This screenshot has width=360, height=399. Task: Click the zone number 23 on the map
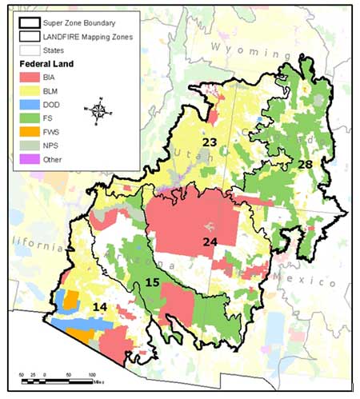pos(210,142)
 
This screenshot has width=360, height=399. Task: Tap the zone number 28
pos(305,164)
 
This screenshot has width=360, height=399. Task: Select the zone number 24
pos(210,241)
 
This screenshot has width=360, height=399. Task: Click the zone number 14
pos(100,306)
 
